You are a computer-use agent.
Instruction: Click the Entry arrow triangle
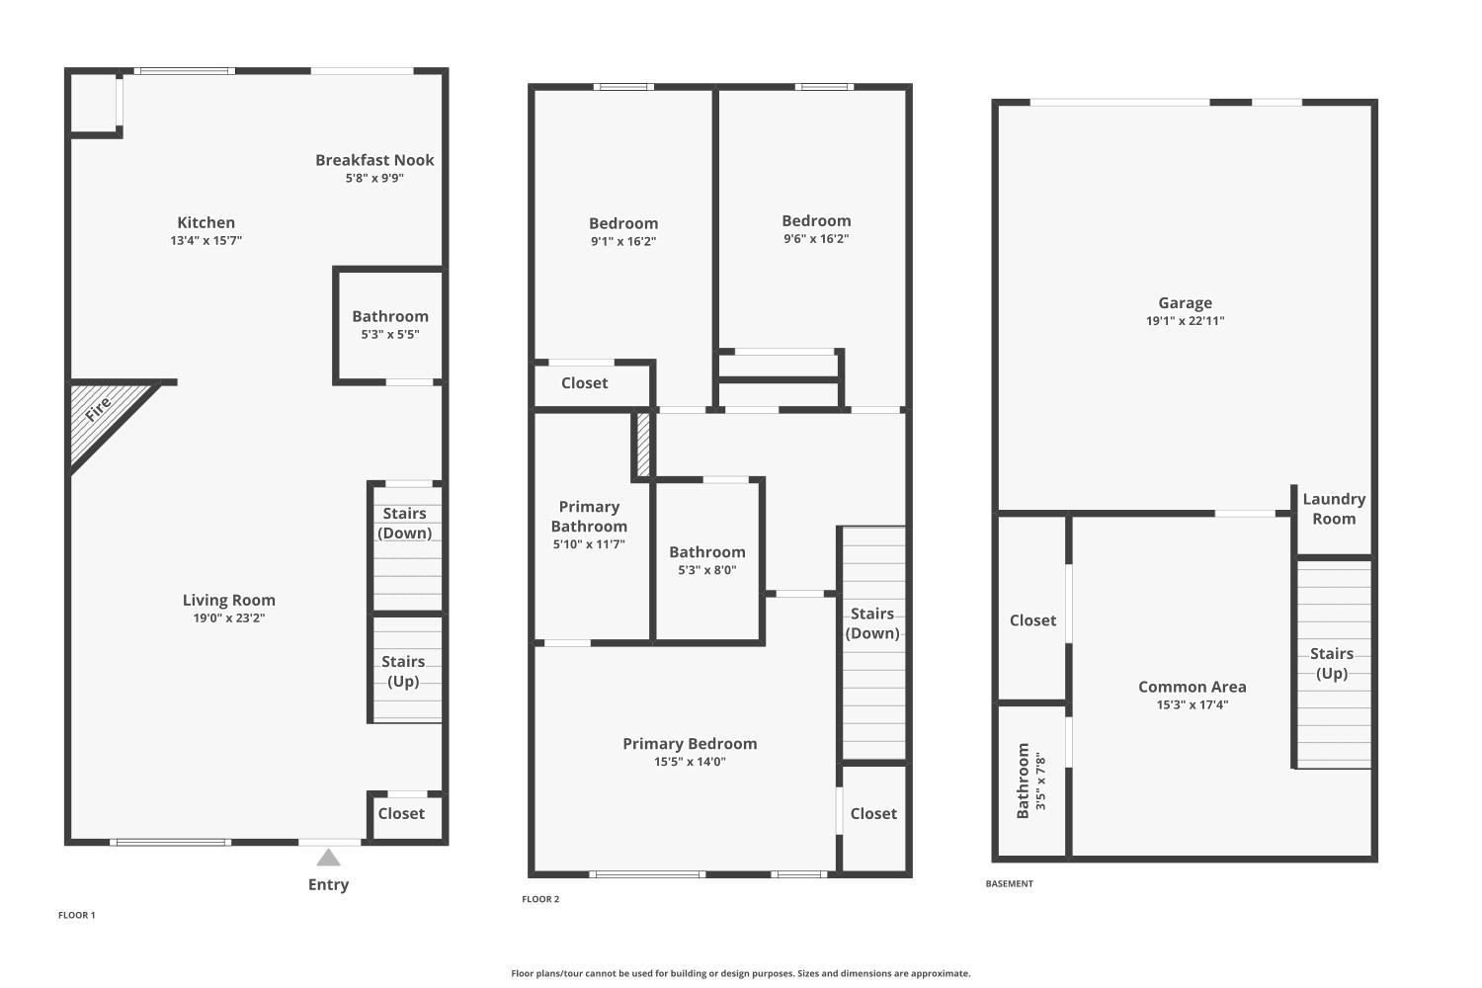(328, 858)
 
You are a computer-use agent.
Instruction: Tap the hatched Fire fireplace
(99, 415)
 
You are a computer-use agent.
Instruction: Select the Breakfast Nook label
(374, 160)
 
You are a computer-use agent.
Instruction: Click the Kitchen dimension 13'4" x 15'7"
(206, 241)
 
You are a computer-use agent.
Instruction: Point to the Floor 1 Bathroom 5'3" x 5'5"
(390, 325)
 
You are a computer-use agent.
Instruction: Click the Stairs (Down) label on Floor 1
(405, 523)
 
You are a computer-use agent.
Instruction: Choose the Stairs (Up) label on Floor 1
(403, 671)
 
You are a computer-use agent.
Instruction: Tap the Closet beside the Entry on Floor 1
(401, 814)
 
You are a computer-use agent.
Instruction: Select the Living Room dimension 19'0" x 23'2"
(229, 618)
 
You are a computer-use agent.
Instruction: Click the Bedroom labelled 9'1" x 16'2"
(623, 232)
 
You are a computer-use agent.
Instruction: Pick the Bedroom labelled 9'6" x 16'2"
(816, 229)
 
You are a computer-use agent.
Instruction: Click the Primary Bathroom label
(589, 516)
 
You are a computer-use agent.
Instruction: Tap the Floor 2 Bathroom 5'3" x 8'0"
(707, 560)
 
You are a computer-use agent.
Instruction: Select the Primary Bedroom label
(690, 744)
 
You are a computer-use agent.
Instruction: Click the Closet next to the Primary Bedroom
(873, 814)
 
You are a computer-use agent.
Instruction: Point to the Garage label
(1185, 303)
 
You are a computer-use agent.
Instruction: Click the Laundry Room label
(1334, 509)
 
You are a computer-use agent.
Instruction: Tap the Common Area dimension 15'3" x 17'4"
(1193, 705)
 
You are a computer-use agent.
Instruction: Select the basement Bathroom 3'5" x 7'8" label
(1030, 781)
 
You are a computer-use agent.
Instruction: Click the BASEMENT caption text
(1009, 884)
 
